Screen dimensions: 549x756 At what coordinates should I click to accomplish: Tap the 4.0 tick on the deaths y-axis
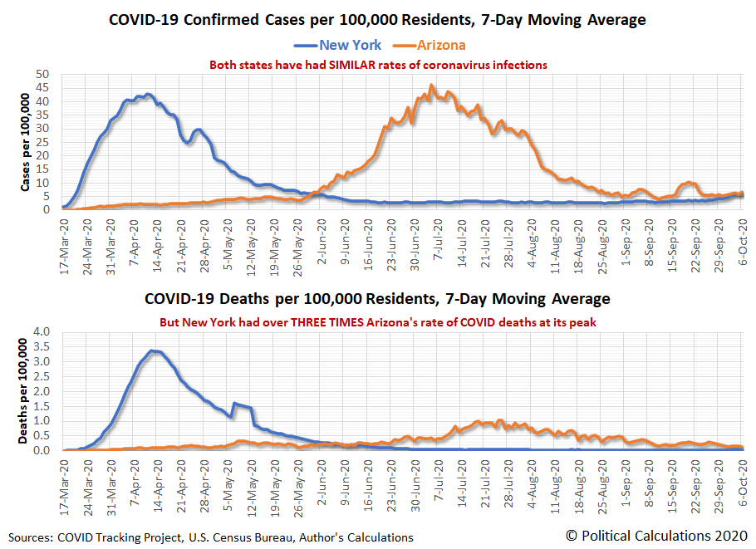coord(47,332)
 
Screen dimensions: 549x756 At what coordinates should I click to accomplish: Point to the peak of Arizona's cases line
coord(431,85)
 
